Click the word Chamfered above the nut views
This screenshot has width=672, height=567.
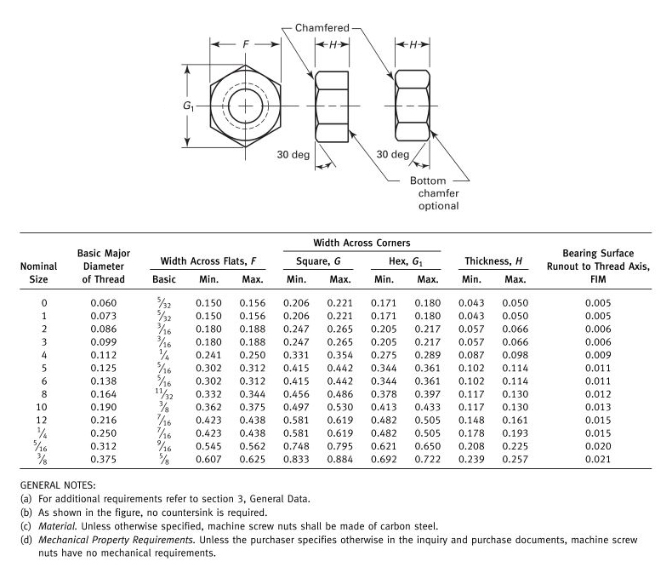pos(322,28)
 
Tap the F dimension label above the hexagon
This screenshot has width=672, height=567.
pos(247,45)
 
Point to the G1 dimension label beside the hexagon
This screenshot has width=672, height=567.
pos(189,106)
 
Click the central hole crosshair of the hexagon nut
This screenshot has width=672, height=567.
pos(247,106)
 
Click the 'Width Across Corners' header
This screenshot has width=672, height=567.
pos(362,243)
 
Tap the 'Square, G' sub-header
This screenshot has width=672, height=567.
pos(317,261)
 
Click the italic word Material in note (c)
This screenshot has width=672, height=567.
pos(54,526)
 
